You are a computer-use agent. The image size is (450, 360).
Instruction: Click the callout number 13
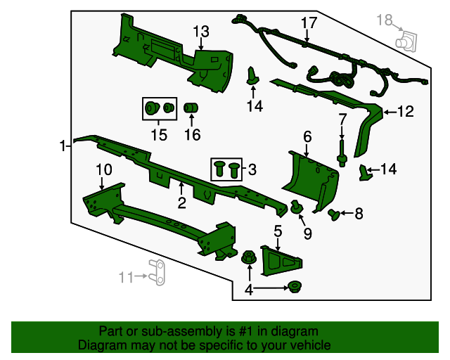[201, 32]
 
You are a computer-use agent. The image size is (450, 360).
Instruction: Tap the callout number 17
[309, 22]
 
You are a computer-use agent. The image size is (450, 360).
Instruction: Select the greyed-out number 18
[385, 20]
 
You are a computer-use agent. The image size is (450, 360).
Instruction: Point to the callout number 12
[405, 111]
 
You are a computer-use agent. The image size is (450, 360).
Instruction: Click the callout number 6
[307, 136]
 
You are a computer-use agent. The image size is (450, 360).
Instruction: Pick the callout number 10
[103, 169]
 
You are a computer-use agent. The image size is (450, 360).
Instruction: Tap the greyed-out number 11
[127, 277]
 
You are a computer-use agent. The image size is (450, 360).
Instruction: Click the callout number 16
[192, 134]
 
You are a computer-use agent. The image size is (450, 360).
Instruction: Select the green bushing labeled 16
[191, 108]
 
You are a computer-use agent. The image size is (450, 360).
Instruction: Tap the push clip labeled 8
[334, 214]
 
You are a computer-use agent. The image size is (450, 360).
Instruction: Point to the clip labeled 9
[297, 207]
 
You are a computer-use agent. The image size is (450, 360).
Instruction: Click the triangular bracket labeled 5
[281, 261]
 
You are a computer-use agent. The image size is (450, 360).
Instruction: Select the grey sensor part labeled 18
[406, 41]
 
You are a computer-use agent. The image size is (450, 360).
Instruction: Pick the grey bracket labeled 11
[157, 272]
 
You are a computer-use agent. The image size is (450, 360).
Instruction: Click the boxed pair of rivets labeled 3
[226, 169]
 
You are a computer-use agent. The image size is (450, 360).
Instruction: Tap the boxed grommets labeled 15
[160, 109]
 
